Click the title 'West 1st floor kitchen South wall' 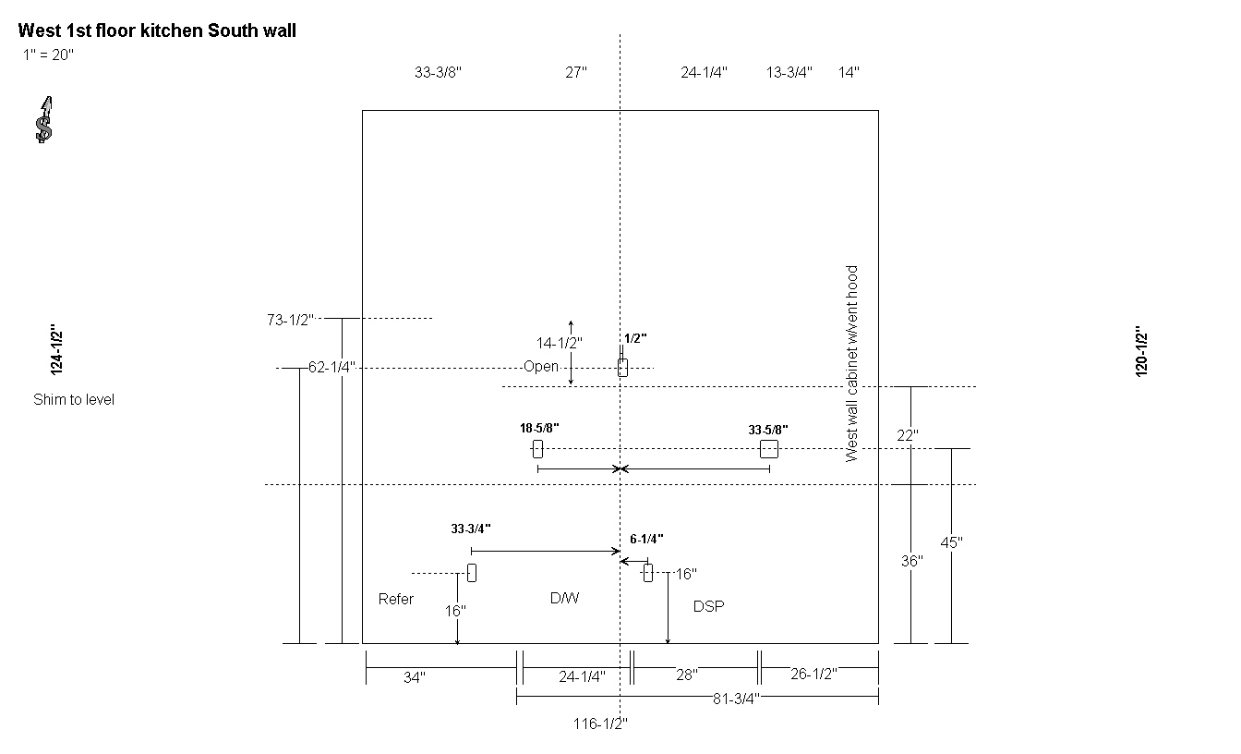pos(157,30)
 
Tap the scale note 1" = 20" pos(48,55)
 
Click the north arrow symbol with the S pos(44,120)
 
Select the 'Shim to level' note pos(74,399)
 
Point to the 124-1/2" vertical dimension pos(56,350)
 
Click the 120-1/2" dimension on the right pos(1141,351)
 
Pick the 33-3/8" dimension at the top pos(438,73)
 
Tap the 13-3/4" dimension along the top pos(789,73)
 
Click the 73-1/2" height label pos(290,320)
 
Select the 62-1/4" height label pos(331,367)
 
